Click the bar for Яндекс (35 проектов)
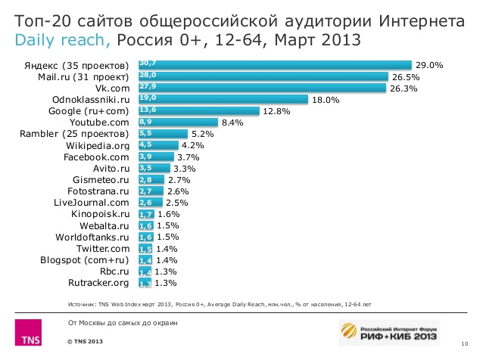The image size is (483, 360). coord(274,65)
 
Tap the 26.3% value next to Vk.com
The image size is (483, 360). coord(405,88)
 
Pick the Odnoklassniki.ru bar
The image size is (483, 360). coord(222,99)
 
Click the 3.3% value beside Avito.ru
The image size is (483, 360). coord(185,169)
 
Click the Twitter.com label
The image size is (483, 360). coord(103,249)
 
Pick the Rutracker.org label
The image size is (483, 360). coord(98,283)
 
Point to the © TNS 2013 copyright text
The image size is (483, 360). coord(85,343)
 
